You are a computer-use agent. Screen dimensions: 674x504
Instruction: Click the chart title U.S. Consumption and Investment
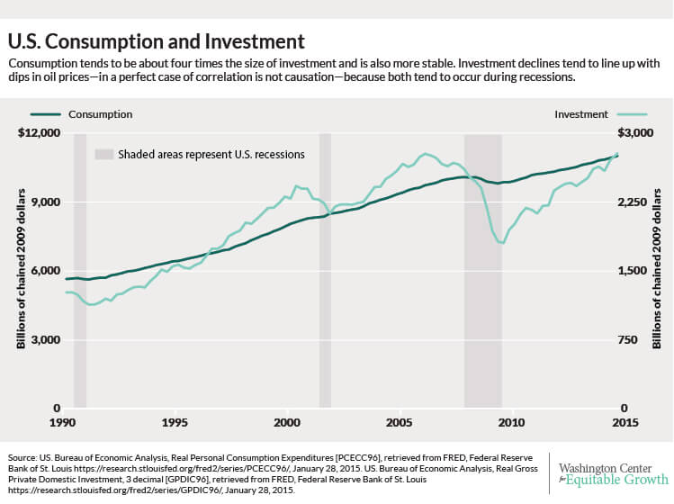click(x=156, y=41)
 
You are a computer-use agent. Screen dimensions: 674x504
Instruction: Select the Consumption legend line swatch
click(x=46, y=114)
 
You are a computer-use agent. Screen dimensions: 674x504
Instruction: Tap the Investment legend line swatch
click(x=632, y=114)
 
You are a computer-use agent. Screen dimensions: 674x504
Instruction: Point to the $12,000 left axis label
click(x=39, y=132)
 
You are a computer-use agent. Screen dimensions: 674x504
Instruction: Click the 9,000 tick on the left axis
click(x=46, y=202)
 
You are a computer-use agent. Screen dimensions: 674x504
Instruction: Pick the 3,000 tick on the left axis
click(x=46, y=339)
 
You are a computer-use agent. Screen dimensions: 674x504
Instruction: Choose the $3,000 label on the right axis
click(x=635, y=132)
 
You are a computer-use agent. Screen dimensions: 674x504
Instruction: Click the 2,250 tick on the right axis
click(x=632, y=202)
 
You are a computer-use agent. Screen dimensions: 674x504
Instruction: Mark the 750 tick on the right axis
click(x=627, y=339)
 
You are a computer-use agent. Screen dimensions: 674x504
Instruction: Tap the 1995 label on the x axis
click(x=175, y=422)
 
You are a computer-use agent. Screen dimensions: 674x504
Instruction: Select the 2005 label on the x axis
click(x=400, y=422)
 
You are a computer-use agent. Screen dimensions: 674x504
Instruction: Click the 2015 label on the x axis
click(x=625, y=422)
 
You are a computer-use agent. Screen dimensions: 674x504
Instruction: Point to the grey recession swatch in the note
click(x=104, y=155)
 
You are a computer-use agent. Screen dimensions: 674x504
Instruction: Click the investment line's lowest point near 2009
click(x=501, y=243)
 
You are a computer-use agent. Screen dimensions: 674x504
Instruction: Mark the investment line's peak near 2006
click(x=425, y=154)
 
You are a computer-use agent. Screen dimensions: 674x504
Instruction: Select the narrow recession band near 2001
click(x=325, y=271)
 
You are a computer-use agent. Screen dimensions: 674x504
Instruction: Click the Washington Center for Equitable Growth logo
click(x=614, y=474)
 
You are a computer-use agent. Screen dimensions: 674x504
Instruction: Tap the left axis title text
click(x=21, y=269)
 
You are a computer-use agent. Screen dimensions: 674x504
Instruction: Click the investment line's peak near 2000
click(x=296, y=186)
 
